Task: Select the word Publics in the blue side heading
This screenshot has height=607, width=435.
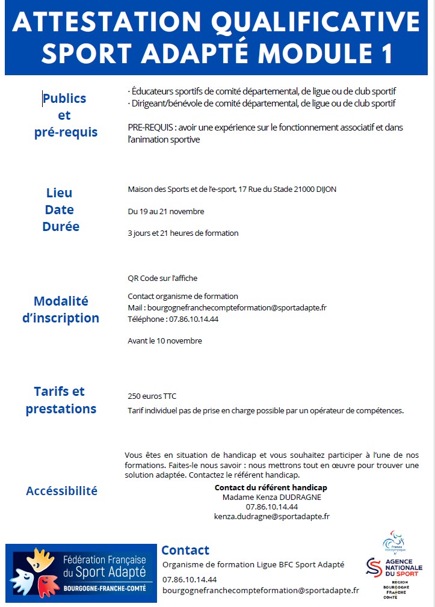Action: coord(64,98)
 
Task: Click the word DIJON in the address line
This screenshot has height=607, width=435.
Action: coord(324,189)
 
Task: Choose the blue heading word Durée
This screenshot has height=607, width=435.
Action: coord(61,227)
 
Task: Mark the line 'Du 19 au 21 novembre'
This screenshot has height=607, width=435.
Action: coord(166,211)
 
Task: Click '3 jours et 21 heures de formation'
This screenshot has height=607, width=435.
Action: coord(183,233)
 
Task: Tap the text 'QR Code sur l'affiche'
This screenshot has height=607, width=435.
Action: coord(162,278)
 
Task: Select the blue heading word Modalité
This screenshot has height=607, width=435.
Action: coord(61,301)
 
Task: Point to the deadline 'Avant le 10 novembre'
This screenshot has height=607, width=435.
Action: coord(165,340)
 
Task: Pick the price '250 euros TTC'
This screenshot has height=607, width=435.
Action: coord(152,396)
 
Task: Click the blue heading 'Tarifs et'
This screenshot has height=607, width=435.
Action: coord(60,391)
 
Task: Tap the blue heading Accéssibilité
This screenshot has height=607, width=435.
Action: coord(61,491)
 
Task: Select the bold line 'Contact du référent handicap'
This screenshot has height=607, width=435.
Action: coord(271,487)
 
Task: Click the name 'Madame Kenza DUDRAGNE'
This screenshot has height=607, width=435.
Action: coord(271,497)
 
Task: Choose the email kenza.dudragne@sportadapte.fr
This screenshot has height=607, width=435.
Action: coord(271,516)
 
